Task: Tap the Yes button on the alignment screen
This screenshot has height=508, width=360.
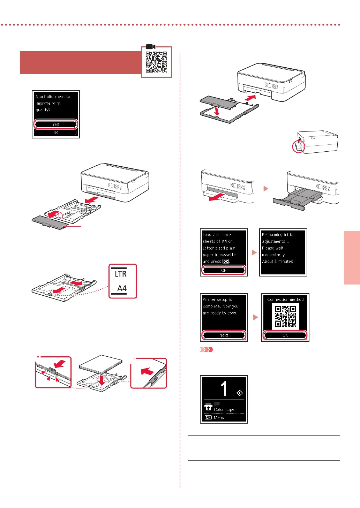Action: click(x=56, y=124)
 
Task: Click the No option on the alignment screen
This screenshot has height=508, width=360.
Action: click(x=56, y=132)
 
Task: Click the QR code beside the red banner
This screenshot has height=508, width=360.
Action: click(x=156, y=62)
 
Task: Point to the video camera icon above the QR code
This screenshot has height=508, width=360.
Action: click(x=151, y=47)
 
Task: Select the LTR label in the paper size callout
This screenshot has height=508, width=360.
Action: click(x=121, y=274)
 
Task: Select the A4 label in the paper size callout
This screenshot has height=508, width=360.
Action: click(x=122, y=288)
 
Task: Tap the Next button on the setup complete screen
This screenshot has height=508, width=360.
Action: click(x=224, y=335)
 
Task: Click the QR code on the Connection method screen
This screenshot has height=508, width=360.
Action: click(x=285, y=316)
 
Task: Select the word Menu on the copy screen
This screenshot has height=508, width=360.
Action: click(x=219, y=417)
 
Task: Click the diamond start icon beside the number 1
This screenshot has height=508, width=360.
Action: click(x=240, y=393)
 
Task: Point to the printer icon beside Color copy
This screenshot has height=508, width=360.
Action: click(x=209, y=407)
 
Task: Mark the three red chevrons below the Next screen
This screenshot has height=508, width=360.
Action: click(x=206, y=349)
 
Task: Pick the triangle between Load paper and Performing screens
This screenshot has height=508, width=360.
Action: click(x=254, y=252)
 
